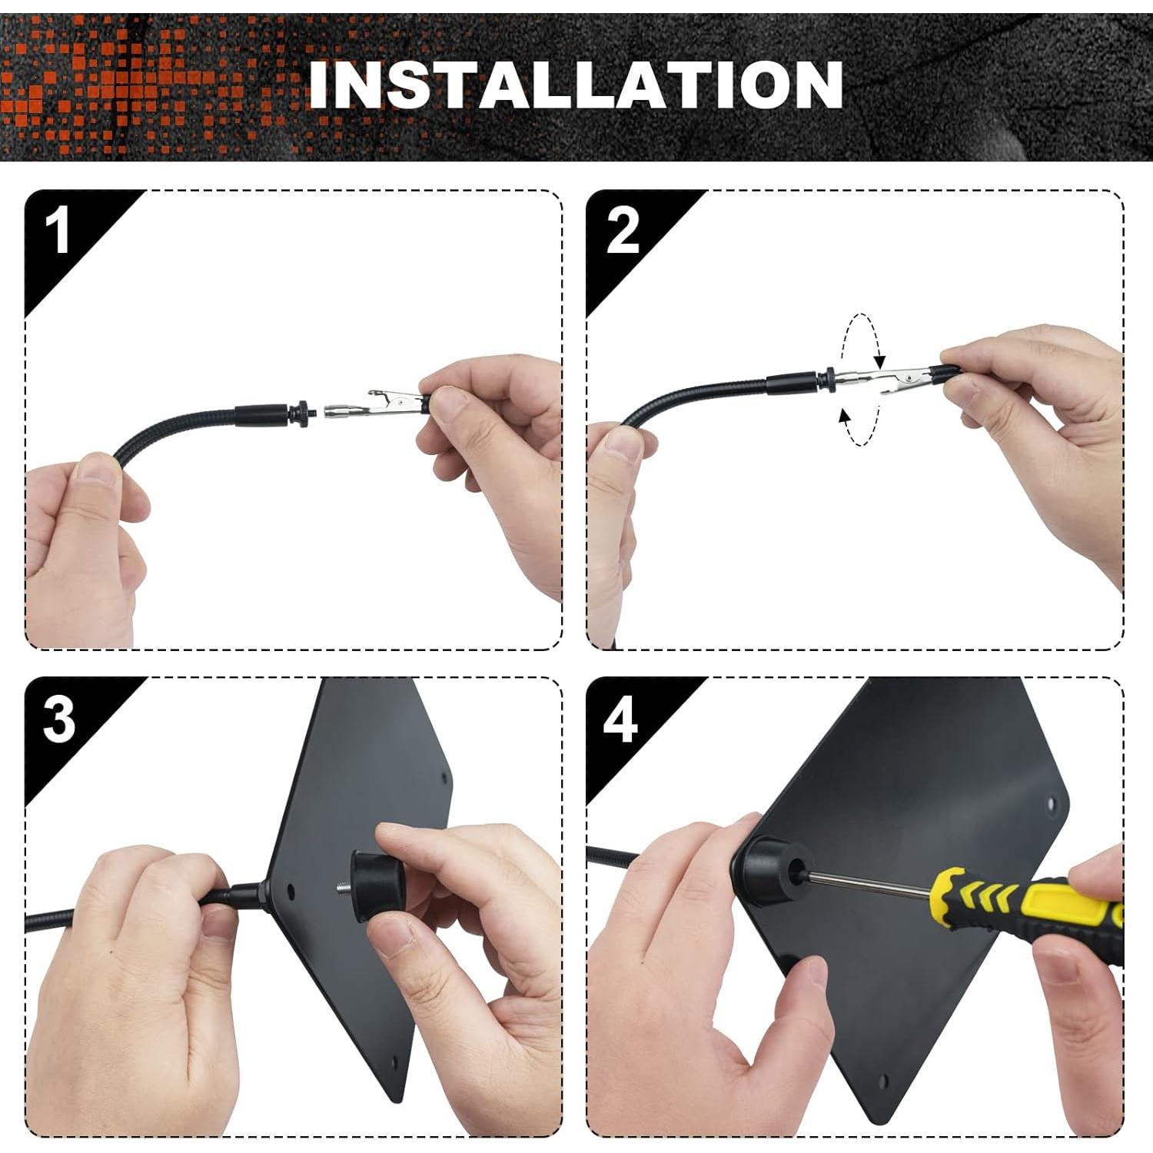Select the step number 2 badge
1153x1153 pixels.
622,230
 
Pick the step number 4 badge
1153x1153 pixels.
620,719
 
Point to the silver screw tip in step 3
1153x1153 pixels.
342,889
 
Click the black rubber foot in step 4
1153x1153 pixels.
773,869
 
